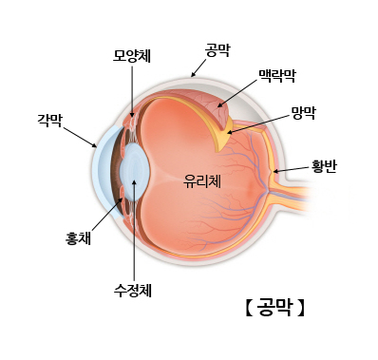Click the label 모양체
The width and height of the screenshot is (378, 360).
pyautogui.click(x=131, y=55)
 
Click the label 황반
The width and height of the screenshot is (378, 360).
pyautogui.click(x=324, y=166)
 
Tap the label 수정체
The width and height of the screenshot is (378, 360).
pyautogui.click(x=132, y=290)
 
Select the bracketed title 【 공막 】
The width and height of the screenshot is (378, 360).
pyautogui.click(x=274, y=308)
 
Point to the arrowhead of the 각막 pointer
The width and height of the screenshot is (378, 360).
pyautogui.click(x=97, y=147)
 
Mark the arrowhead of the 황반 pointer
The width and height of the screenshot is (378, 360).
pyautogui.click(x=275, y=172)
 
